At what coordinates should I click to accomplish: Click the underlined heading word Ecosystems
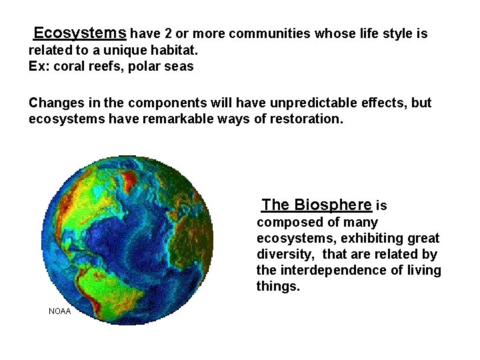click(79, 33)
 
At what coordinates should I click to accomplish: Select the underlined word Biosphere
click(332, 205)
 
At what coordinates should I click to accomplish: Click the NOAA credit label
click(60, 311)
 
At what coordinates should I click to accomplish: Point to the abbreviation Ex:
click(37, 66)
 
